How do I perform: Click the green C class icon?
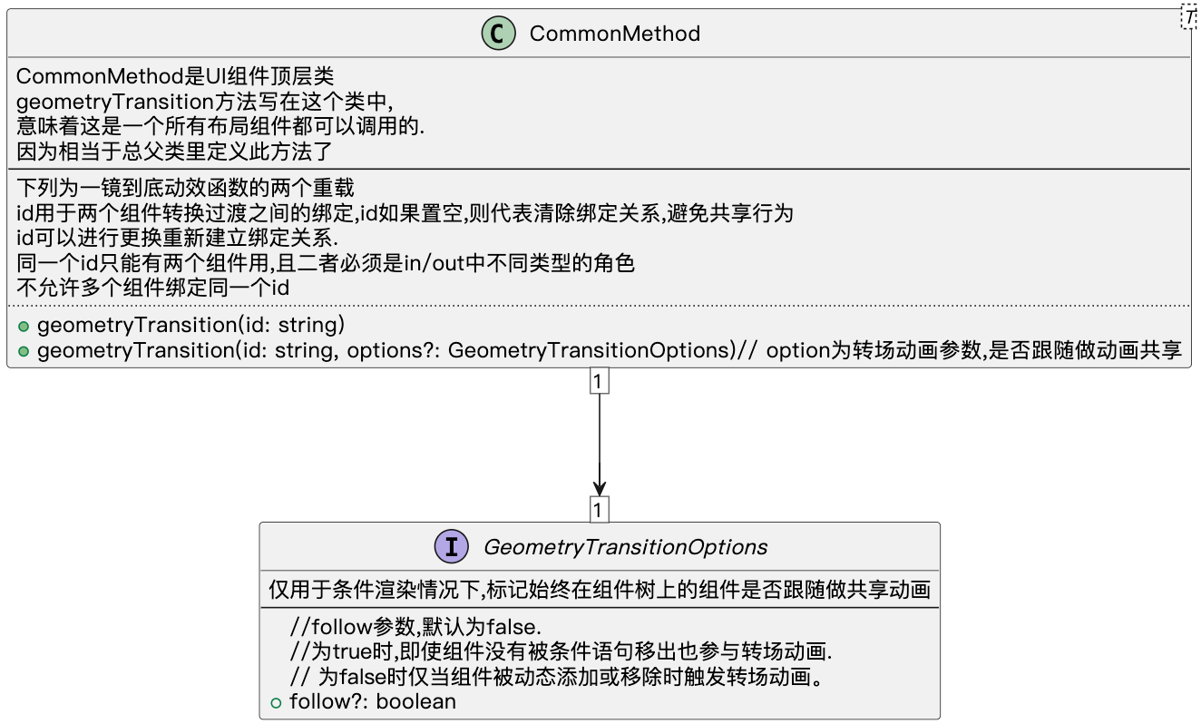tap(499, 34)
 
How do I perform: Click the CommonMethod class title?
tap(614, 34)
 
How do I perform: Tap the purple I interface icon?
tap(452, 547)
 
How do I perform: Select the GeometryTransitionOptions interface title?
tap(625, 547)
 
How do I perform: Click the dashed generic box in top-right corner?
tap(1190, 15)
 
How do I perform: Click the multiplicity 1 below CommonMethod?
tap(598, 381)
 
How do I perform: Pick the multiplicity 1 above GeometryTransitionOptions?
tap(598, 510)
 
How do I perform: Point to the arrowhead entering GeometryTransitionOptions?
tap(599, 487)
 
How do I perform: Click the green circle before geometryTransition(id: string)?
tap(24, 326)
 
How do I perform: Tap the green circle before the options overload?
tap(24, 352)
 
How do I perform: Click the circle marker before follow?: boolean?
tap(277, 702)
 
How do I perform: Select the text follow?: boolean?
tap(372, 702)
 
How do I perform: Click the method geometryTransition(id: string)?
tap(190, 325)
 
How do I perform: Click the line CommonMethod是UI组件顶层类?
tap(175, 78)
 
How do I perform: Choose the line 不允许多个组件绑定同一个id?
tap(152, 289)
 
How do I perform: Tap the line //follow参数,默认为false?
tap(415, 627)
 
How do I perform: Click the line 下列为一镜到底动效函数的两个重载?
tap(185, 189)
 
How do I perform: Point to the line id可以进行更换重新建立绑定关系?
tap(177, 239)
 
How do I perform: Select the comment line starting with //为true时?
tap(561, 651)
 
